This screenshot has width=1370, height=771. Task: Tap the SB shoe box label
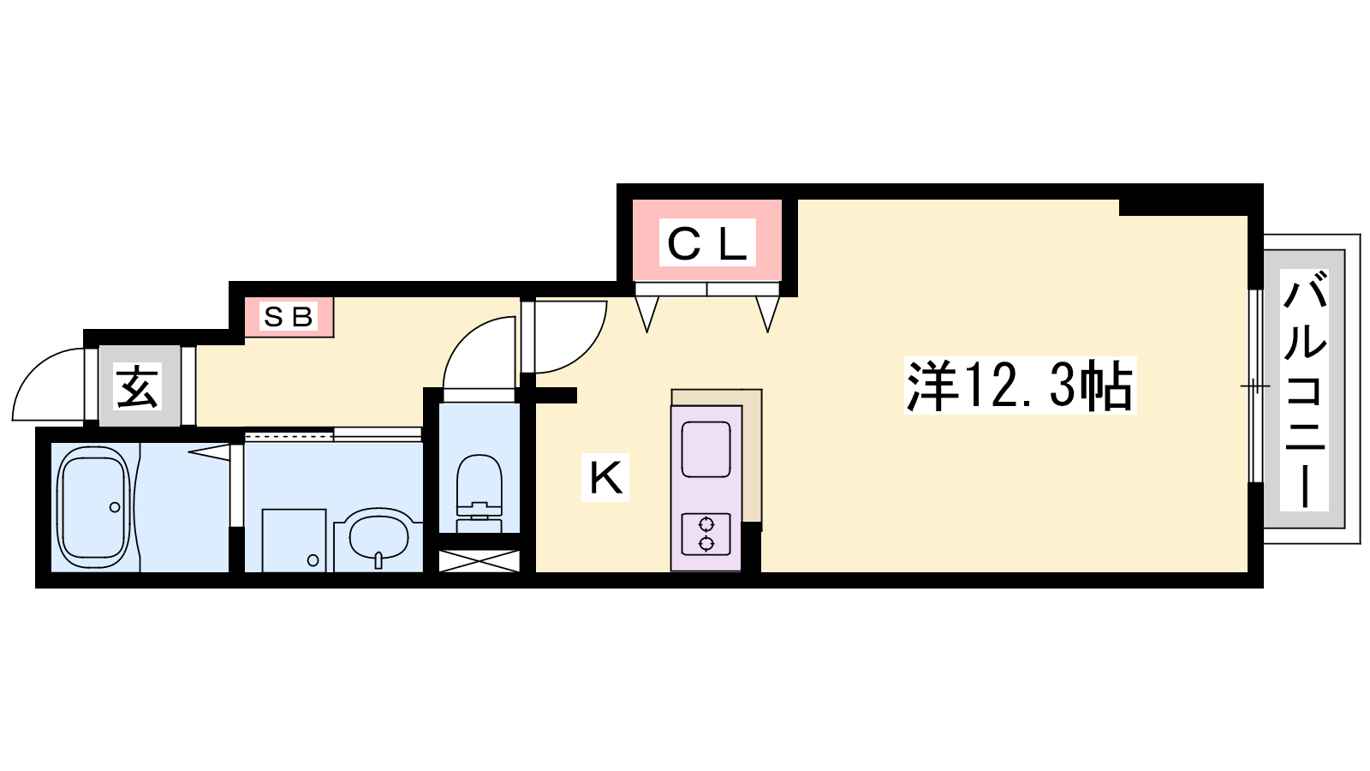tap(288, 316)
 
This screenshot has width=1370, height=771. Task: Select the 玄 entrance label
tap(139, 386)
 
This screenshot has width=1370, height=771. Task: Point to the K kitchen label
tap(605, 478)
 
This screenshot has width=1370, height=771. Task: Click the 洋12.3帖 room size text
tap(1020, 385)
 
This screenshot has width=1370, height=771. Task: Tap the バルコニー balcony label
tap(1304, 390)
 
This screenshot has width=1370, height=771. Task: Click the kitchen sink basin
tap(706, 449)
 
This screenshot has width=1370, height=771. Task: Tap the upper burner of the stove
tap(706, 524)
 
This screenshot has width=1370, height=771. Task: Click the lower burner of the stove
tap(706, 543)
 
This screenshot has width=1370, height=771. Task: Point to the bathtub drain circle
tap(115, 507)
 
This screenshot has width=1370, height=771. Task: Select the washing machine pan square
tap(295, 541)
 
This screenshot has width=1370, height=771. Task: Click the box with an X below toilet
tap(479, 561)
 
